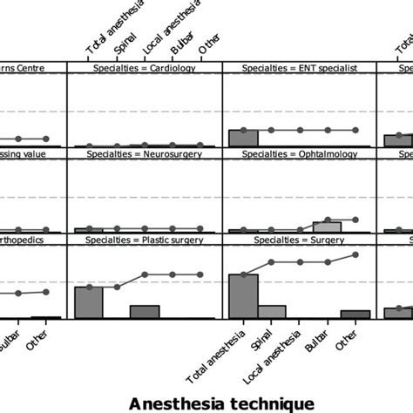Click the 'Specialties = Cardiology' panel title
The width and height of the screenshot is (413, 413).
coord(146,67)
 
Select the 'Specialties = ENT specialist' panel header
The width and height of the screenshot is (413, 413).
coord(299,67)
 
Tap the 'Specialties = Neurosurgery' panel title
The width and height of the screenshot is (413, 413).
coord(146,152)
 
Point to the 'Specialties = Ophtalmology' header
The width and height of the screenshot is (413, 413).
coord(299,152)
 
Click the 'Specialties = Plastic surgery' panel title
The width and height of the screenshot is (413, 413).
coord(146,239)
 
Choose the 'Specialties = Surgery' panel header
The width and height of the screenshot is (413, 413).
coord(299,239)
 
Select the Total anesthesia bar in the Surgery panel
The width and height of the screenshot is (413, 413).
coord(243,296)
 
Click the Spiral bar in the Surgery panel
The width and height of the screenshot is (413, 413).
coord(272,312)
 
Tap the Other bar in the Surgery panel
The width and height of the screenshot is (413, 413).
coord(355,315)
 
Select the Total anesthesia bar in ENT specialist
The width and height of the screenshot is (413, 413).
coord(243,138)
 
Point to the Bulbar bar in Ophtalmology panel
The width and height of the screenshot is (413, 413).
coord(328,227)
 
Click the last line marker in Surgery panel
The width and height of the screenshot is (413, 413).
coord(355,255)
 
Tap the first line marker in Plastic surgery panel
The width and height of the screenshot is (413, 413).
coord(89,287)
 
